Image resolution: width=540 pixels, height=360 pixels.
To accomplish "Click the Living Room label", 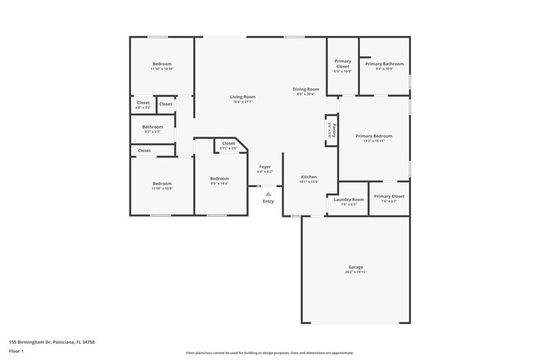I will click(x=244, y=97).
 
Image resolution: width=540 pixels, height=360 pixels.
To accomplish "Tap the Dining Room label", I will click(x=305, y=89).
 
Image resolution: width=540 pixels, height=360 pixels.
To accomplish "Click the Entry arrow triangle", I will click(x=268, y=194).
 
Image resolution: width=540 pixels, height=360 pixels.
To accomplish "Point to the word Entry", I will click(x=268, y=201).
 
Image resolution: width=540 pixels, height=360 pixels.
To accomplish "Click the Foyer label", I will click(x=265, y=167).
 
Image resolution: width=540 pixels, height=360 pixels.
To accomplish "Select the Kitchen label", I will click(x=309, y=177).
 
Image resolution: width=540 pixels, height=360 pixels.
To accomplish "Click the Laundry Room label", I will click(x=349, y=199).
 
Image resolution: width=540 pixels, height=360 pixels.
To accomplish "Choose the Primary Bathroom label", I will click(x=384, y=63).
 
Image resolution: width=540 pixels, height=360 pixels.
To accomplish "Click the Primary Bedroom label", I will click(x=373, y=136).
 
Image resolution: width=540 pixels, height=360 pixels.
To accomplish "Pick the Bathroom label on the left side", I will click(x=153, y=127).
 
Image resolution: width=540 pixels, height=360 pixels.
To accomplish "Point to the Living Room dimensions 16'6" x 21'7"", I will click(x=244, y=102).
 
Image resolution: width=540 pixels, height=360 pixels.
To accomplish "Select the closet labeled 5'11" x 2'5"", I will click(x=228, y=148).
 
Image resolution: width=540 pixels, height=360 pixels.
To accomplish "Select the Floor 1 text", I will click(x=17, y=352).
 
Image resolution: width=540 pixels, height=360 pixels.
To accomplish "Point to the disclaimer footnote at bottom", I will click(x=269, y=353).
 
